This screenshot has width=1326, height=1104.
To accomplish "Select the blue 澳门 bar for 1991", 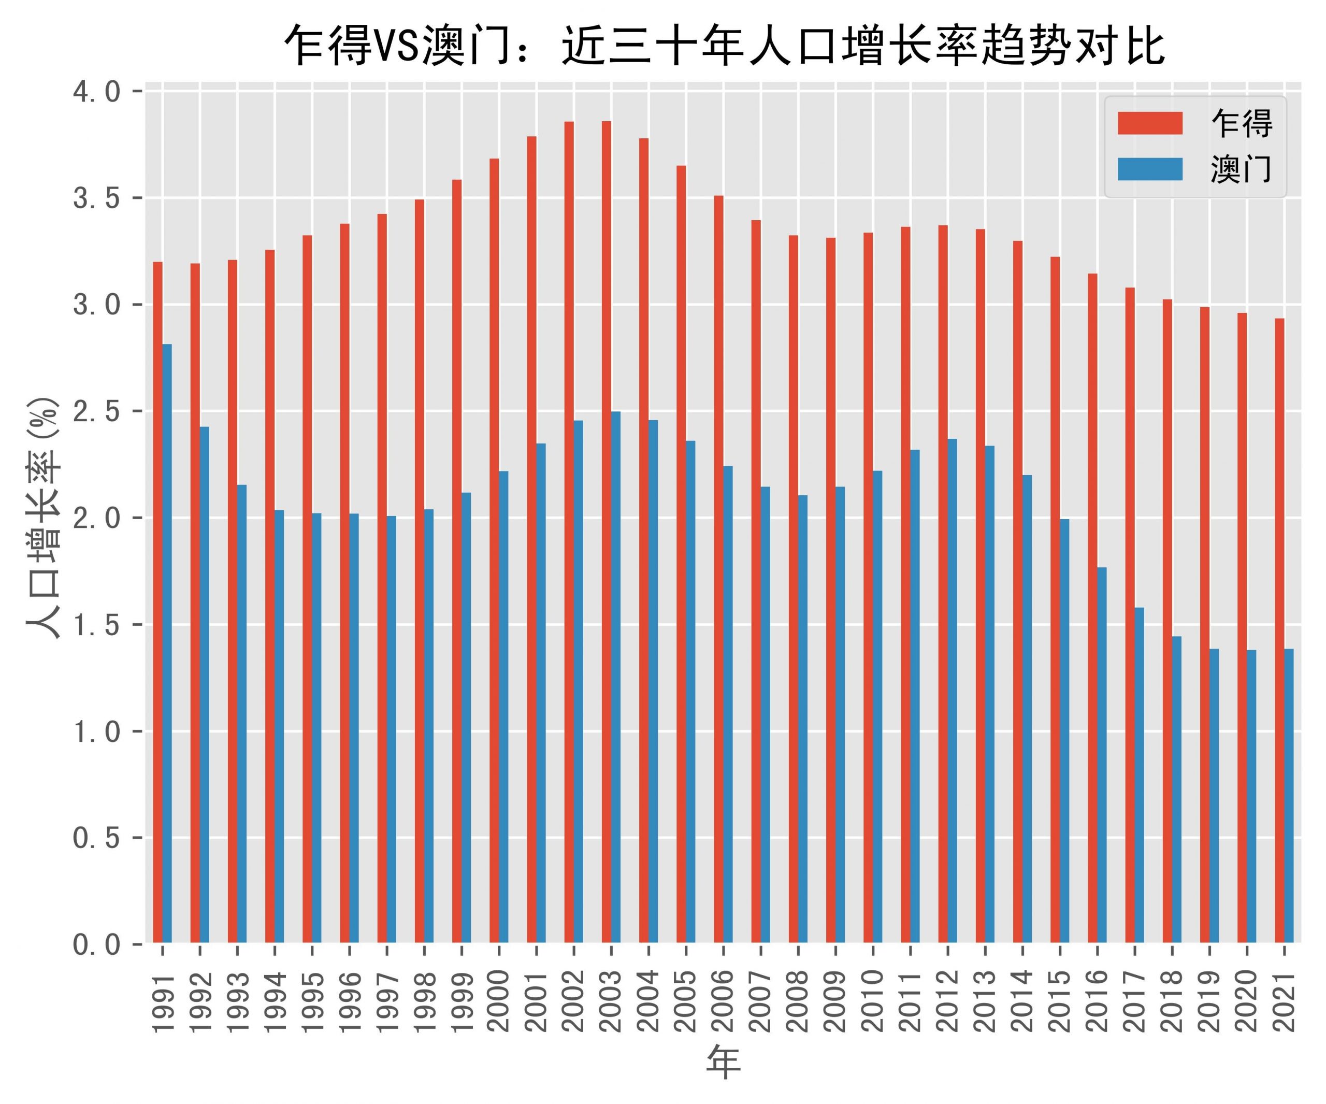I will [x=167, y=643].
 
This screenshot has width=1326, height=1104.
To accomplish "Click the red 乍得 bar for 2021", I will [x=1279, y=631].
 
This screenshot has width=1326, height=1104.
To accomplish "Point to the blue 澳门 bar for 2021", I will [x=1289, y=796].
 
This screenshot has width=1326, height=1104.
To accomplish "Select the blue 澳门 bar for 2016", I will [x=1102, y=755].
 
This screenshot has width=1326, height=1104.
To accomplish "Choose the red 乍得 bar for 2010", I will [x=868, y=588].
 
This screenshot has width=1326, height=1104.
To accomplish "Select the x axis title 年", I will [x=723, y=1064].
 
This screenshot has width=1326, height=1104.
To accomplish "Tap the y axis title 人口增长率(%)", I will [x=43, y=518].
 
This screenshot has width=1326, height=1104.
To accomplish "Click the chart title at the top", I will [x=723, y=46].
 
